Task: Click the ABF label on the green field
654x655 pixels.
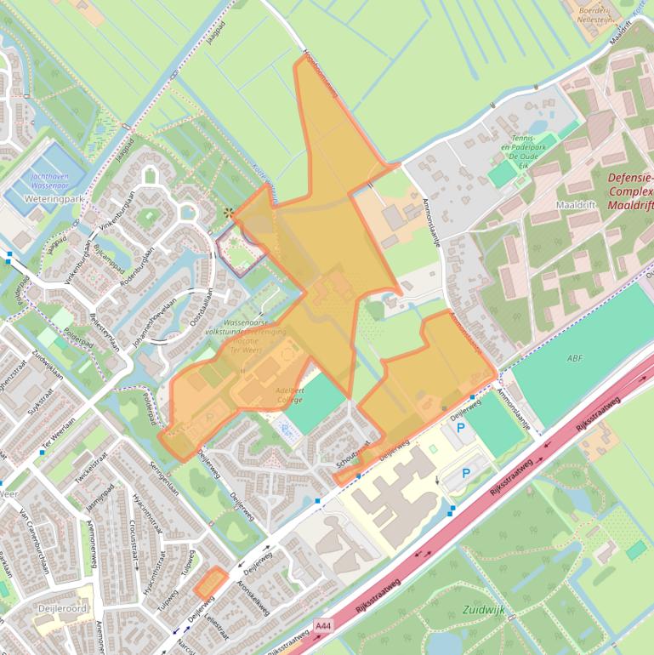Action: click(x=576, y=358)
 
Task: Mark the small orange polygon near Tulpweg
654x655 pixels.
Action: click(x=210, y=583)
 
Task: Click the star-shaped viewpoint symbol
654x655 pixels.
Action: click(x=228, y=212)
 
